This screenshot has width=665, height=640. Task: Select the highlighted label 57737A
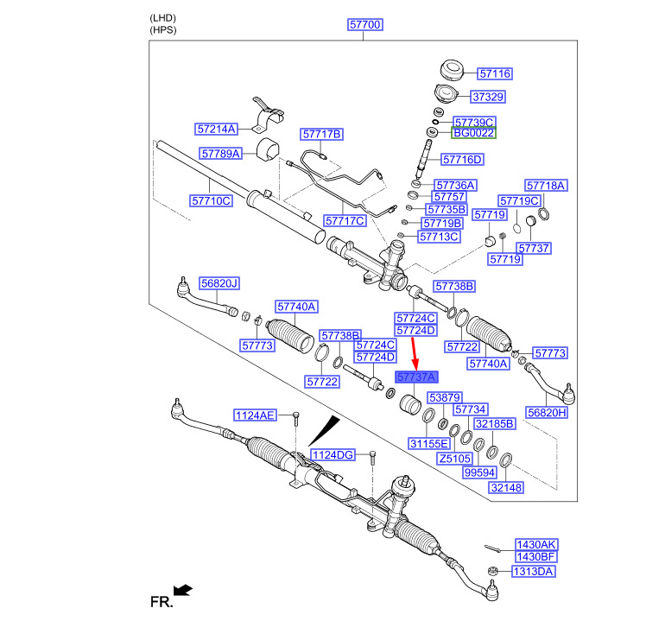tap(416, 377)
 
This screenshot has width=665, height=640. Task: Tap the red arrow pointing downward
tap(414, 351)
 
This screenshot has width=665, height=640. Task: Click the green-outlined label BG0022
tap(473, 134)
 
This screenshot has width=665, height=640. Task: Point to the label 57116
tap(495, 74)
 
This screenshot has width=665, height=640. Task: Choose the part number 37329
tap(488, 97)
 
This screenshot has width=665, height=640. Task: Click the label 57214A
tap(216, 129)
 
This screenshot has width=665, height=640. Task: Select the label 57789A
tap(221, 153)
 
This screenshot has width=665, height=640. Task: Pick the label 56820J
tap(219, 283)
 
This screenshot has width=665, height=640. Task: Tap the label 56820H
tap(547, 413)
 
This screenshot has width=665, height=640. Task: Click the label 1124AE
tap(255, 416)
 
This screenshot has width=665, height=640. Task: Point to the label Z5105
tap(455, 459)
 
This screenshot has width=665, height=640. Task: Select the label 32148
tap(507, 488)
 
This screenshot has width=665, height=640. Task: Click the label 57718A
tap(546, 186)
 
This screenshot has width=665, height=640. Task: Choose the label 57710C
tap(212, 201)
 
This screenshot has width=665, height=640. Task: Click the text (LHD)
tap(161, 17)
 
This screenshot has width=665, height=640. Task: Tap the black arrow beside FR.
tap(182, 590)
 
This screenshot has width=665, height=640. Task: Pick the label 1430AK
tap(536, 545)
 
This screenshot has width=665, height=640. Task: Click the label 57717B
tap(322, 134)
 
